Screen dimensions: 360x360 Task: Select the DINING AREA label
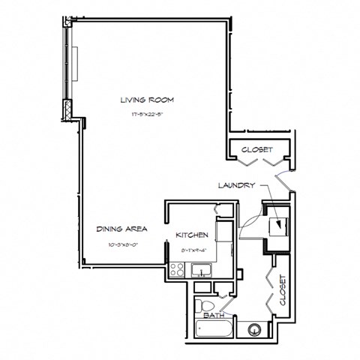click(x=121, y=228)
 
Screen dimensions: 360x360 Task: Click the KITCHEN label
click(x=191, y=235)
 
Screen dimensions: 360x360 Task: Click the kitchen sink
click(x=201, y=271)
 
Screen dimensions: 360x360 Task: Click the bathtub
click(x=211, y=329)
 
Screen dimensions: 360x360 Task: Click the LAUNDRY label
click(x=237, y=185)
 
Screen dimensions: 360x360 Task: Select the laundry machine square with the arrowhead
click(x=278, y=223)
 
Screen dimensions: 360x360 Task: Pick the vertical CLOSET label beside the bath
click(x=283, y=290)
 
